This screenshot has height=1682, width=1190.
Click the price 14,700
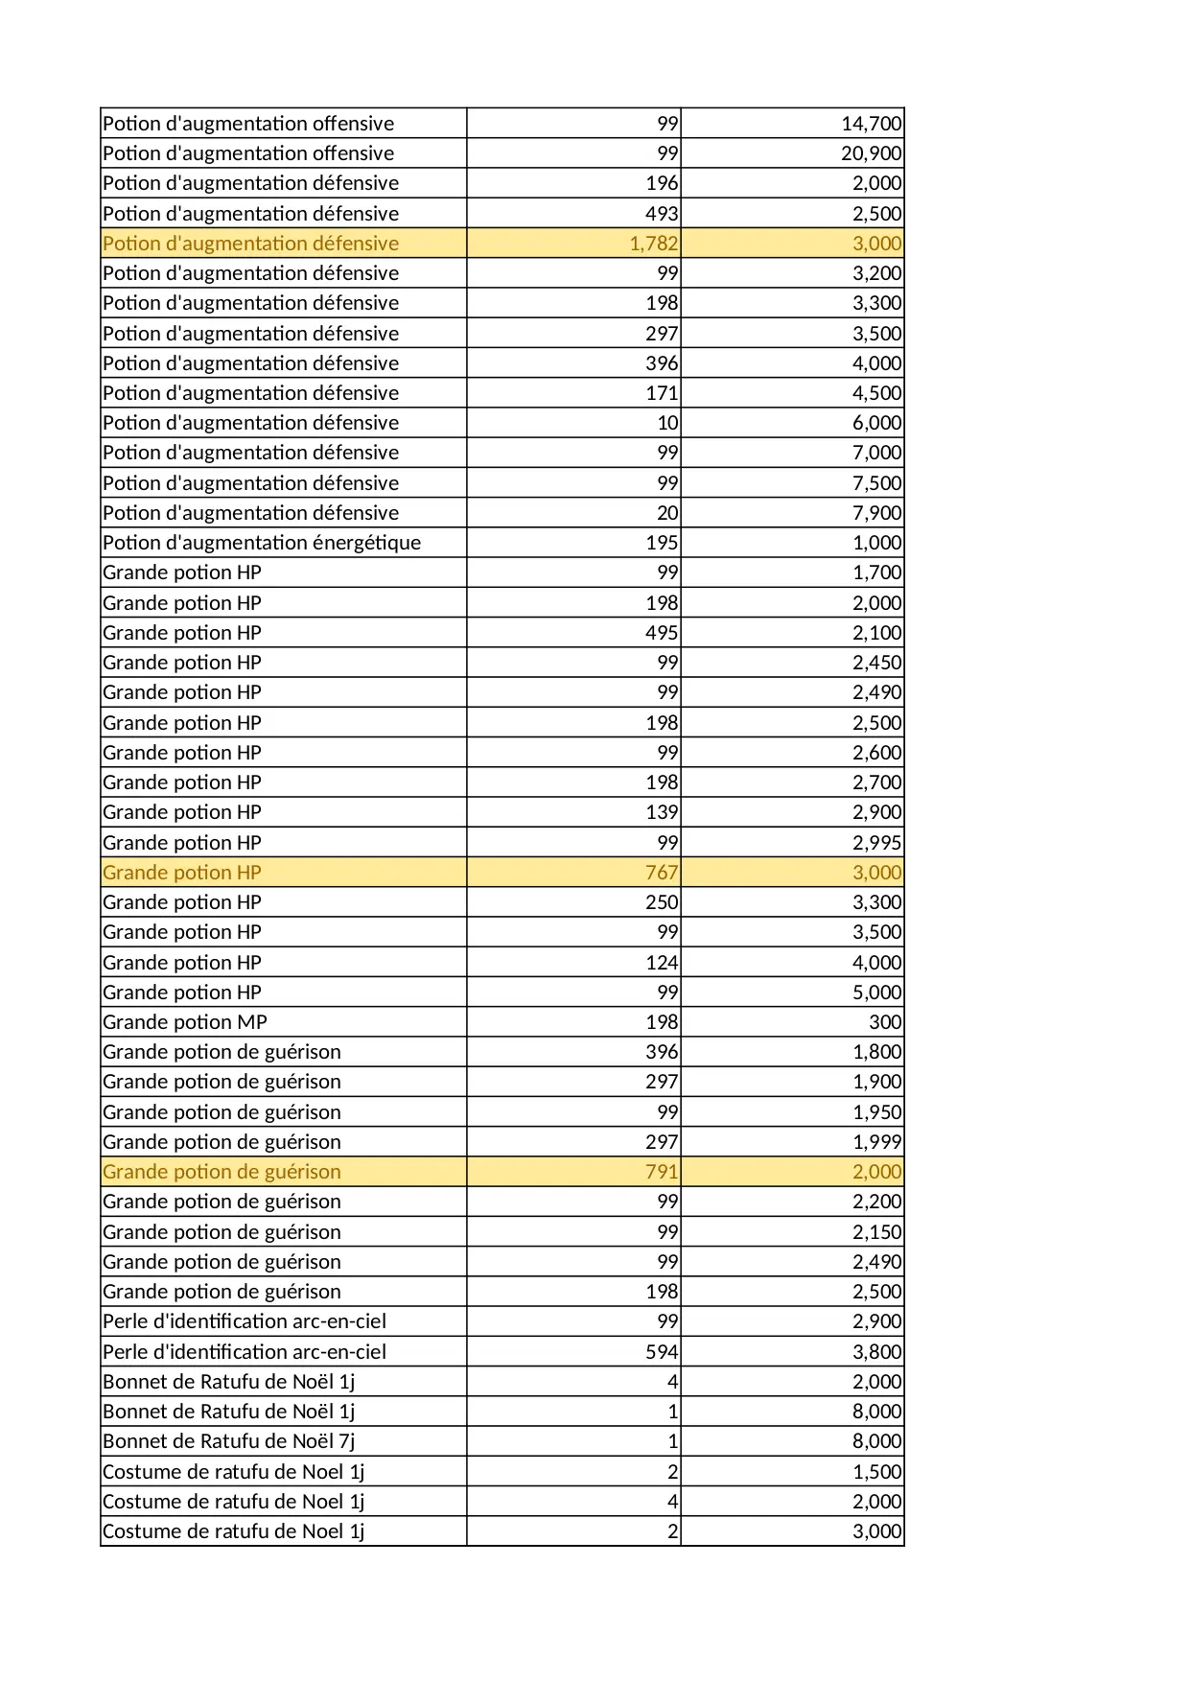coord(871,124)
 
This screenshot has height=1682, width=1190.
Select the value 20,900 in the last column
coord(871,153)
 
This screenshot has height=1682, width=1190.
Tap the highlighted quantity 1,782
coord(654,244)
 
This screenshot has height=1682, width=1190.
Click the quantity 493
coord(662,214)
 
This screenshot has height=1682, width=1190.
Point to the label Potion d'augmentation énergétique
coord(262,543)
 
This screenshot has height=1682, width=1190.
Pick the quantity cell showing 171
coord(662,393)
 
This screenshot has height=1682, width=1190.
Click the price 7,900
coord(876,513)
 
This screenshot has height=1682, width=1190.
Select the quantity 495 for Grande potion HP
coord(662,633)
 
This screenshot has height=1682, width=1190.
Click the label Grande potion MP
coord(185,1022)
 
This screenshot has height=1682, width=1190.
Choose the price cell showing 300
coord(885,1022)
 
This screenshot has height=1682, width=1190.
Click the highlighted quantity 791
coord(662,1172)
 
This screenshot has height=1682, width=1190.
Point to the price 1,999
coord(876,1142)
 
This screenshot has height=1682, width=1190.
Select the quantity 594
coord(662,1352)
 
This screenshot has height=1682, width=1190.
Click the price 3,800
coord(876,1352)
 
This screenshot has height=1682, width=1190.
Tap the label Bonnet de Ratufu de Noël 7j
coord(229,1441)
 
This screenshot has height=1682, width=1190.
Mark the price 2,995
coord(876,843)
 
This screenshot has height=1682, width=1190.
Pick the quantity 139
coord(662,812)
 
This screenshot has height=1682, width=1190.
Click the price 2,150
coord(876,1232)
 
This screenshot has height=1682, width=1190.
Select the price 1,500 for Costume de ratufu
coord(876,1472)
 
